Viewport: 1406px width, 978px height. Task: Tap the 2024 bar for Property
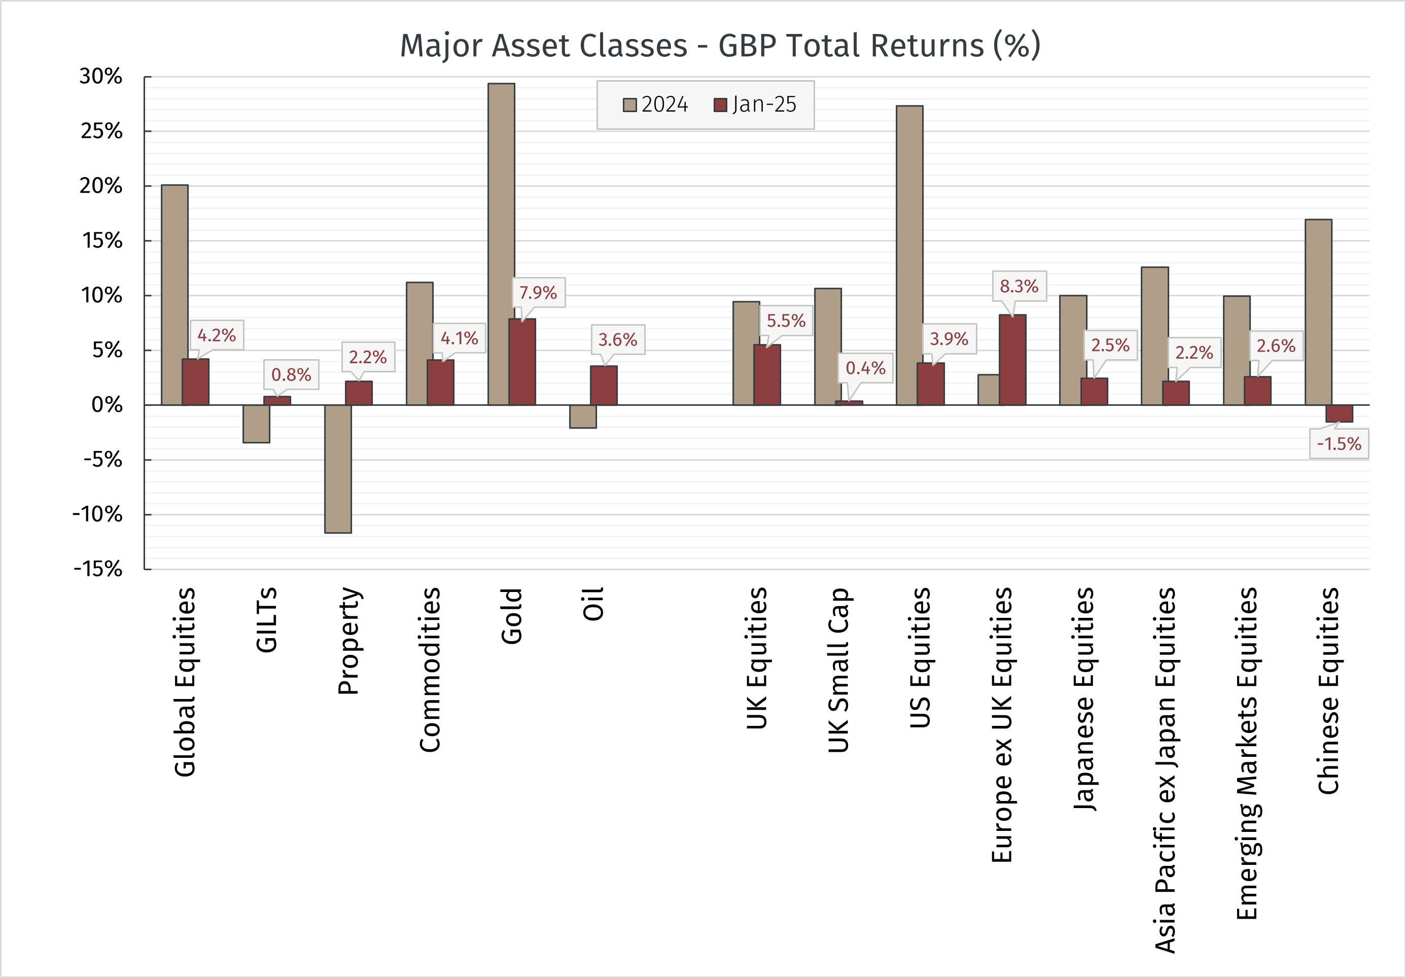(338, 469)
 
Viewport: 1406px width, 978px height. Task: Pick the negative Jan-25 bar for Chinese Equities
(1339, 413)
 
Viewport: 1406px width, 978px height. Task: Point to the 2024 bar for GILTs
(256, 424)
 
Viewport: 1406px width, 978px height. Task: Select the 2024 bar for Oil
(583, 416)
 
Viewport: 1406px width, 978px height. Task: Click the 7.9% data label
(538, 293)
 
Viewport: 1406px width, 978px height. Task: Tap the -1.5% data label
(1339, 444)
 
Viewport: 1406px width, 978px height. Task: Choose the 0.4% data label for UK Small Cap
(865, 368)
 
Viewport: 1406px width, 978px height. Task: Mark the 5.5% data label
(786, 321)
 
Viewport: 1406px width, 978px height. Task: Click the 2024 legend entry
(656, 104)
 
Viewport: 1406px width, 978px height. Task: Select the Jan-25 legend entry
(756, 104)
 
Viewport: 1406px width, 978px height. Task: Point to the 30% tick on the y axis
(101, 77)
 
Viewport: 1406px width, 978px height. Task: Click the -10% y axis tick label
(97, 514)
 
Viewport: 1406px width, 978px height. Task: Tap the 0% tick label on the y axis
(107, 405)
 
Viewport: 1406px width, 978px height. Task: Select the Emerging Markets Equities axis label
(1247, 753)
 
